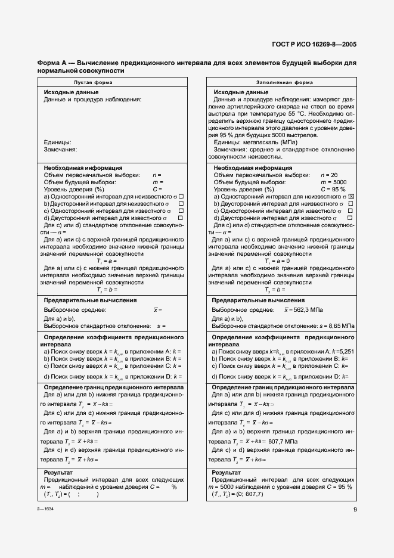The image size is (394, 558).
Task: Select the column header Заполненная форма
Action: [x=280, y=82]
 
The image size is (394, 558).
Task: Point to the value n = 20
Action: [x=329, y=175]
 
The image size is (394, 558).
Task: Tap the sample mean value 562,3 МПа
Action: [x=304, y=311]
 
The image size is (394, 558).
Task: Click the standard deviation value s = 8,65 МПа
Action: [x=337, y=326]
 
